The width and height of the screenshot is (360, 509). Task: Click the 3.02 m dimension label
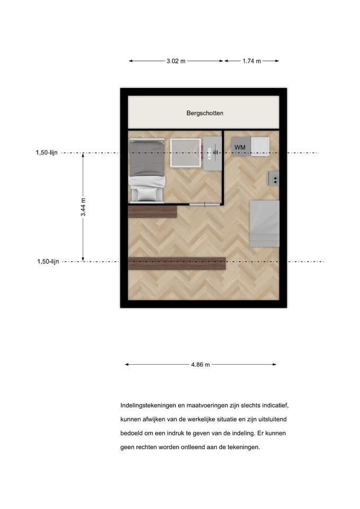point(176,61)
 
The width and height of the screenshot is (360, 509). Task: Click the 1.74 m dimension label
point(252,61)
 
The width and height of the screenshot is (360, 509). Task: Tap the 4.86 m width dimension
point(200,365)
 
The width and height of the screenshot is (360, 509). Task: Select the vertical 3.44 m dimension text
point(83,207)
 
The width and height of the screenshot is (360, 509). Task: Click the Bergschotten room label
point(205,113)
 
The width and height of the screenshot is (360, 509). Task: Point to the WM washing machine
point(240,147)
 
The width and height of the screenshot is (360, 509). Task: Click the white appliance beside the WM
point(260,147)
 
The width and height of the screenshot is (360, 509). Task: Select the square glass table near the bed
point(186,153)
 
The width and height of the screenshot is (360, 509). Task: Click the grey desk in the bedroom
point(212,153)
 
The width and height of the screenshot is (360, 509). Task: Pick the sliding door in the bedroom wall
point(205,205)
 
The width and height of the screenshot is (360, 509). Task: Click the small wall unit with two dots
point(274,178)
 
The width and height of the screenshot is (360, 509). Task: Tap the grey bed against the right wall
point(264,224)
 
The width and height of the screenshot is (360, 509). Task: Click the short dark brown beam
point(152,212)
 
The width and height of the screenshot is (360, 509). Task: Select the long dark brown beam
point(177,264)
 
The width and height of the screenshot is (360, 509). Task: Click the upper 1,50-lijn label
point(47,153)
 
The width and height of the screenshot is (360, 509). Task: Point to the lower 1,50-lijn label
point(48,261)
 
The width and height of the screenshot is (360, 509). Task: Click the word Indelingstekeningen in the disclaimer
point(148,406)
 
